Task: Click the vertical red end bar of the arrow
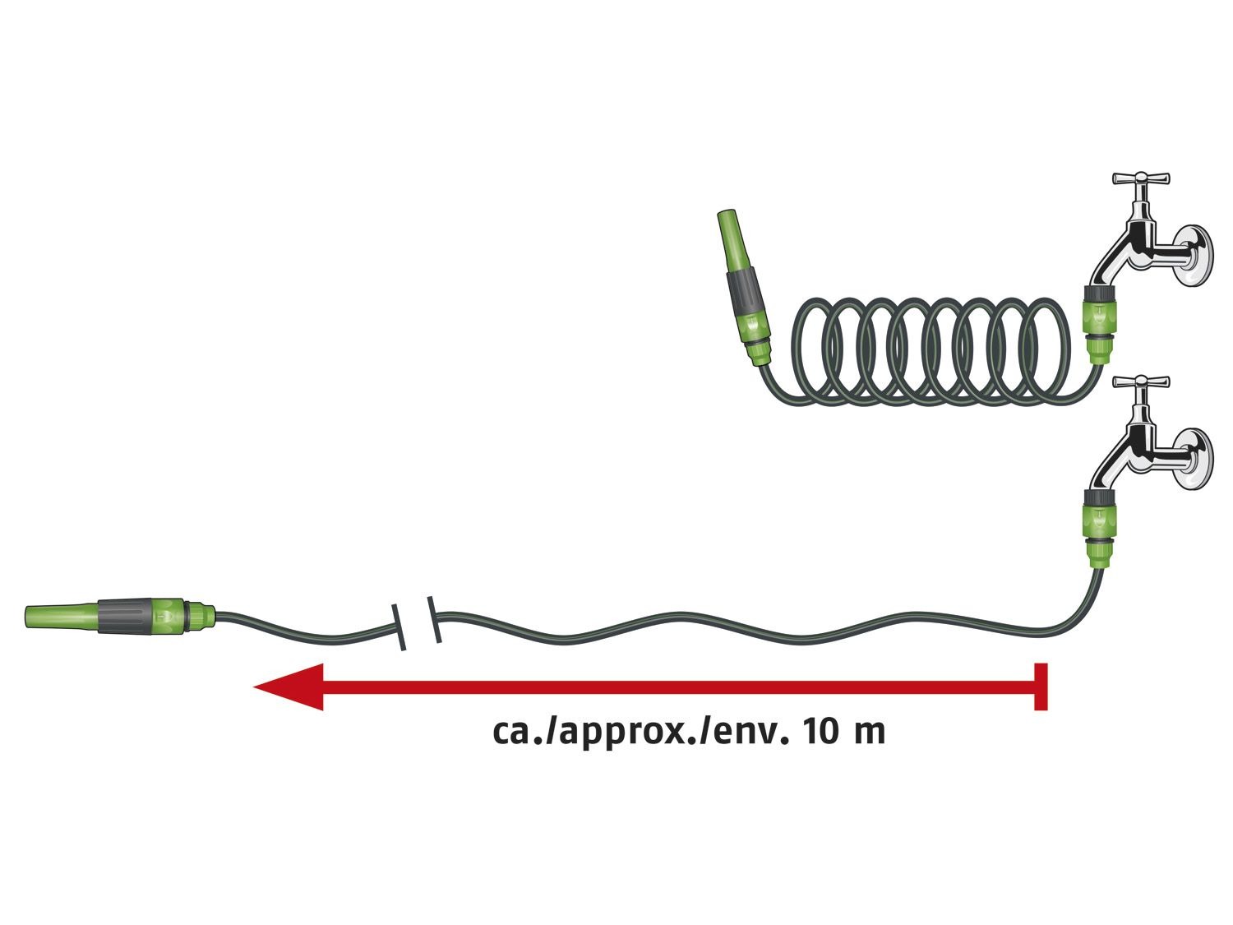click(x=1041, y=686)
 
